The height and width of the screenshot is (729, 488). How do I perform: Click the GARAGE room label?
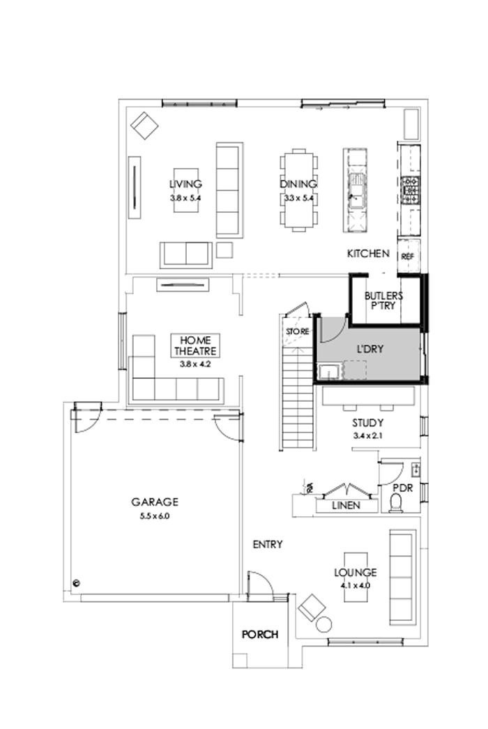(155, 502)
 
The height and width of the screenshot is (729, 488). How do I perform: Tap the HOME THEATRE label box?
(195, 345)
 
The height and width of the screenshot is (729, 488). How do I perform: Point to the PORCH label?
(260, 635)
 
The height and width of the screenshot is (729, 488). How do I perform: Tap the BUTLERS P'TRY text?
(383, 301)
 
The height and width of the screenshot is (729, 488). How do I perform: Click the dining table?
(298, 189)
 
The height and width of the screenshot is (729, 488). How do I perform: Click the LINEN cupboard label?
(346, 505)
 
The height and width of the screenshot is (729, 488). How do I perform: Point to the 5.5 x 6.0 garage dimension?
(155, 516)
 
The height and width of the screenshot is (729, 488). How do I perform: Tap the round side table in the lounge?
(324, 623)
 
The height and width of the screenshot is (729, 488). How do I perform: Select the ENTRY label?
(268, 545)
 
